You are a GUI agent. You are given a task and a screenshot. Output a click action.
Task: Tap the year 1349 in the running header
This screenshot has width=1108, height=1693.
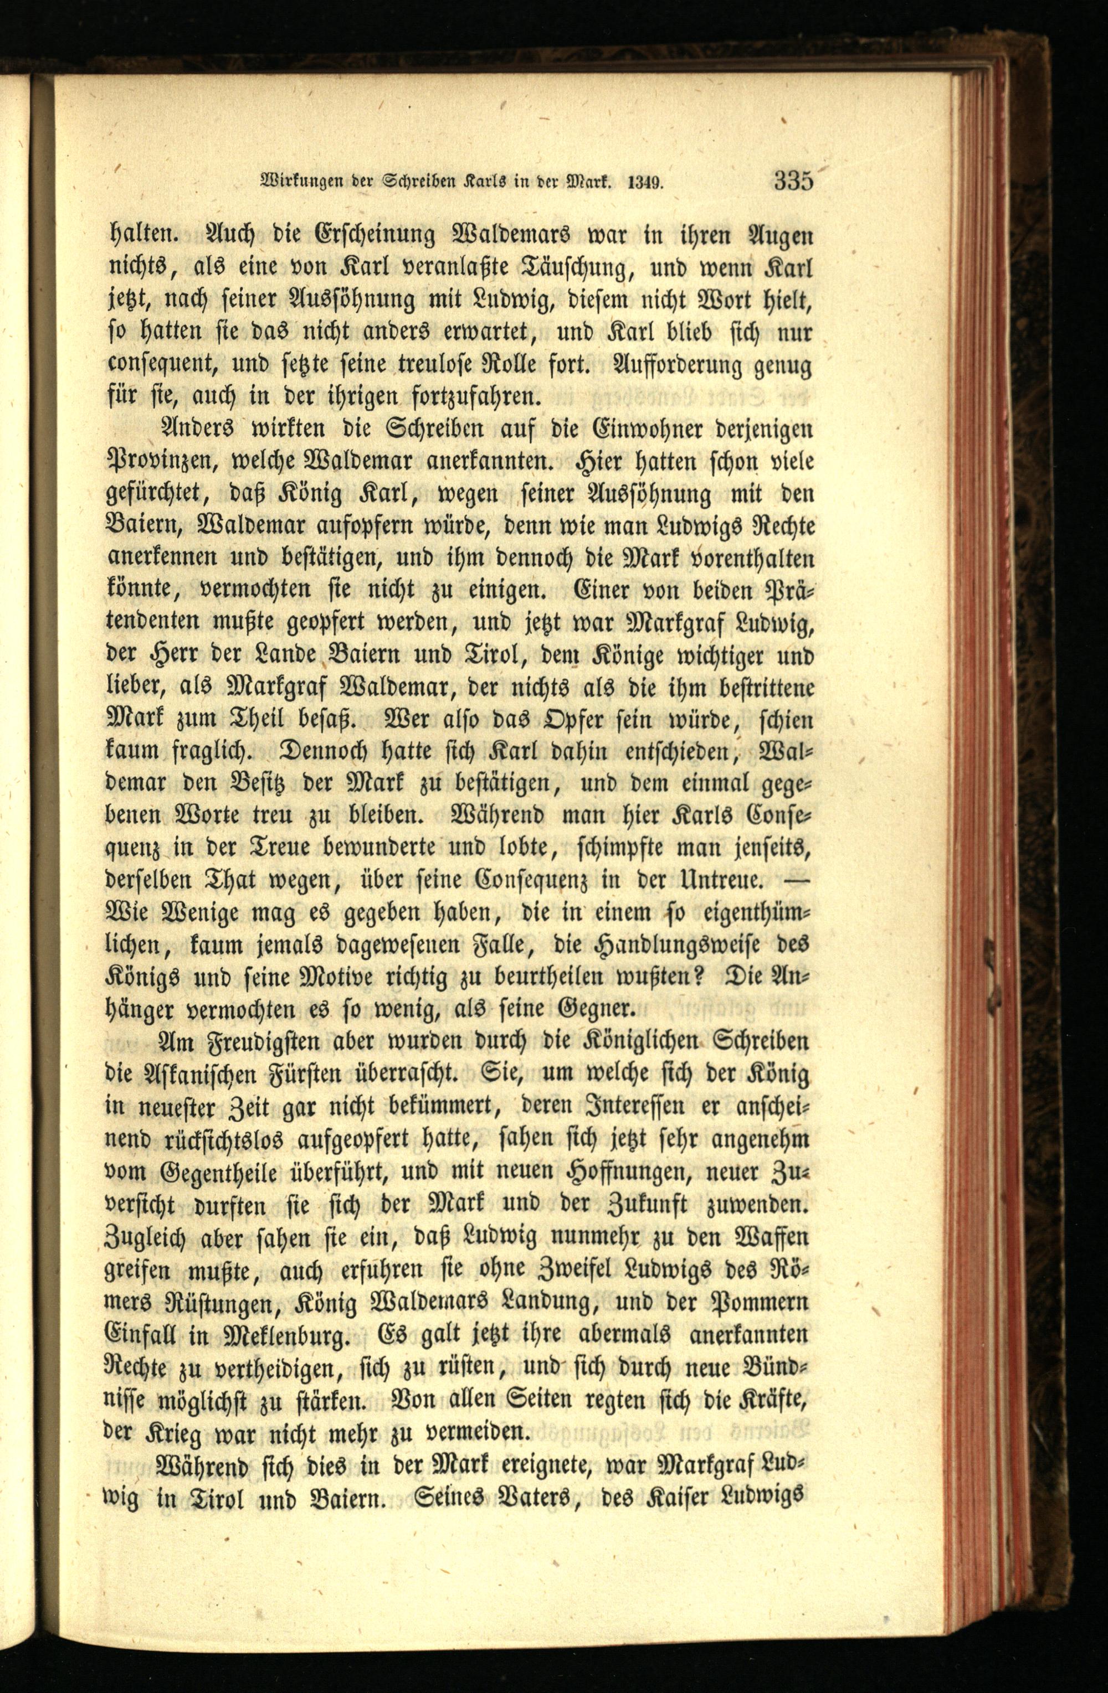[645, 183]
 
